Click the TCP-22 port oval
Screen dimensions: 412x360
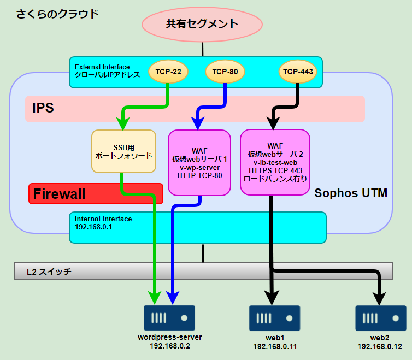click(168, 72)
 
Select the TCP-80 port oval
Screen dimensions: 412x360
click(225, 72)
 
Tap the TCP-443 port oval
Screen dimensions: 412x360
click(298, 72)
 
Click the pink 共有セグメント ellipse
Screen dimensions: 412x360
click(202, 25)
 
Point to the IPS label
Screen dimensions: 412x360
click(43, 108)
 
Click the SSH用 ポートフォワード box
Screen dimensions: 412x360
click(123, 151)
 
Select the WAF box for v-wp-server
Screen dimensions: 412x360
click(199, 163)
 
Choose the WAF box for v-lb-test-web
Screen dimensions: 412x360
click(275, 162)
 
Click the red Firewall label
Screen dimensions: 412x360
click(60, 194)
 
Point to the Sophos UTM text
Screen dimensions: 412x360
click(351, 193)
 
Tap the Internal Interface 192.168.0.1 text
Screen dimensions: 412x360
click(103, 223)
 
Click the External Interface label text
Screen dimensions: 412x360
click(107, 71)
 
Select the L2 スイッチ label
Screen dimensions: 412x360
click(49, 272)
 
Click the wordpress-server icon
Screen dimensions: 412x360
click(169, 318)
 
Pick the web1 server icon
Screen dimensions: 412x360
click(275, 318)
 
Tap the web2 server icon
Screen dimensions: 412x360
click(381, 318)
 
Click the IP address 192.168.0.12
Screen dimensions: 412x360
click(380, 346)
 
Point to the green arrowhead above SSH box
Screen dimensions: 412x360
click(123, 124)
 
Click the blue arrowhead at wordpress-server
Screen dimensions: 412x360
click(172, 298)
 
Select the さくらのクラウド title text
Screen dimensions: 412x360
click(57, 14)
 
